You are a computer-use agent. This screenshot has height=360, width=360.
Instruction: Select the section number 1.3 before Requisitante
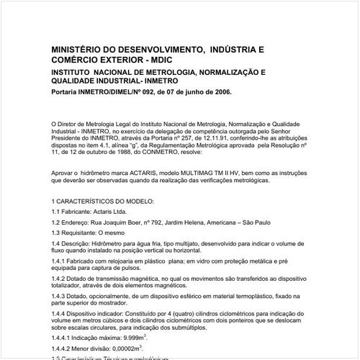(x=56, y=234)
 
